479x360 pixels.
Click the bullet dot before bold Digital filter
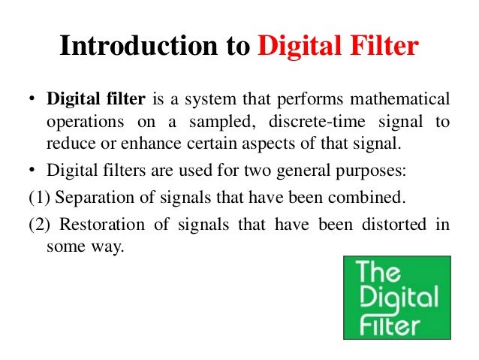pyautogui.click(x=34, y=99)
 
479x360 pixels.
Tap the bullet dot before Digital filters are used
pyautogui.click(x=34, y=170)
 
